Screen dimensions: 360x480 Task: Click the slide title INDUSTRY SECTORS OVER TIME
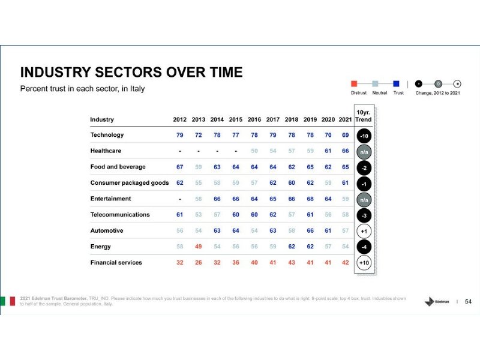coord(131,73)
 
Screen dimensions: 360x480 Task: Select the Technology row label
coord(107,135)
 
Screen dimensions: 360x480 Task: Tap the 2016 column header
coord(254,119)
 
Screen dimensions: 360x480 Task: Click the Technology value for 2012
coord(180,135)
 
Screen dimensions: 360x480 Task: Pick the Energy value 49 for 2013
coord(198,247)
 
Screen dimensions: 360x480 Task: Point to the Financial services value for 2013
coord(198,262)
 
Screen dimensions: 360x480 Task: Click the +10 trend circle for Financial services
coord(364,263)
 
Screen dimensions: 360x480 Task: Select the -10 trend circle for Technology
coord(364,136)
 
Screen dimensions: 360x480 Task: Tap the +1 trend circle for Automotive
coord(364,231)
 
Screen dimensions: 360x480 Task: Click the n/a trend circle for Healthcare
coord(364,152)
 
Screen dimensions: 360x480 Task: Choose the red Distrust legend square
coord(354,84)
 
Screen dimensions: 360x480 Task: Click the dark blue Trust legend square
coord(396,84)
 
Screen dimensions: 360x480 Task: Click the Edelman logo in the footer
coord(436,301)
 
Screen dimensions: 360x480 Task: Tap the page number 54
coord(469,301)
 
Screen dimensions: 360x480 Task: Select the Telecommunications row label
coord(120,214)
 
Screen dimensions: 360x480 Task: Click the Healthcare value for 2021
coord(345,151)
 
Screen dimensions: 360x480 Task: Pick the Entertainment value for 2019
coord(310,199)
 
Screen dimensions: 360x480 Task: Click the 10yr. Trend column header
coord(364,116)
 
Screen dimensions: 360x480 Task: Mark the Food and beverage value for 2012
coord(180,167)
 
